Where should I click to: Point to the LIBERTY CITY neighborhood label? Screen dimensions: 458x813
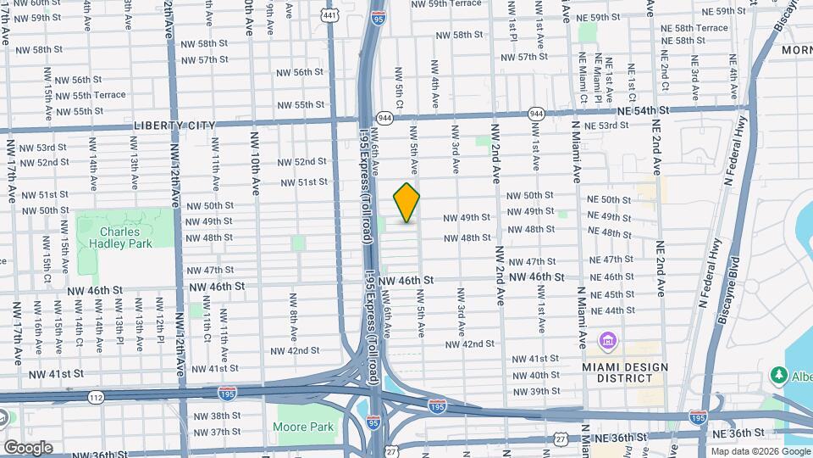tap(174, 126)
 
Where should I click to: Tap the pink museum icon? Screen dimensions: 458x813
tap(607, 342)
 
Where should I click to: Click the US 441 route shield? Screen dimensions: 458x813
tap(330, 14)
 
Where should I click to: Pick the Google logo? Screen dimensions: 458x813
tap(28, 447)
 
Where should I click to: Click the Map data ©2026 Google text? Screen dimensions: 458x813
tap(759, 451)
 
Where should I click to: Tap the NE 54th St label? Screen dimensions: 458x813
tap(643, 110)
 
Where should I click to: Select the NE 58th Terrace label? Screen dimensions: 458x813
tap(694, 28)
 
